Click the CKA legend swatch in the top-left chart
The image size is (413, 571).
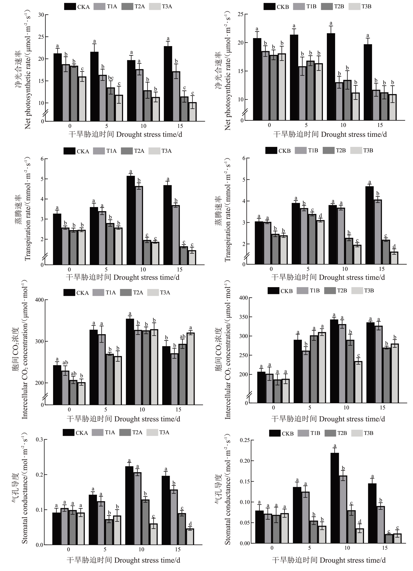tap(70, 7)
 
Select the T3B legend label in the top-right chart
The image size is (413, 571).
tap(366, 7)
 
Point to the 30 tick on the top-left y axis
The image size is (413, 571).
tap(41, 15)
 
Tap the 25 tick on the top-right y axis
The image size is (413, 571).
tap(240, 14)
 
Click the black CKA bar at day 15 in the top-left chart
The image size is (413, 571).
tap(168, 83)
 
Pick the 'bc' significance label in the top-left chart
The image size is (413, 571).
tap(111, 78)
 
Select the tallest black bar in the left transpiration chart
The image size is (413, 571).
tap(130, 220)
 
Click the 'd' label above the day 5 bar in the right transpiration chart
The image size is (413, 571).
tap(320, 216)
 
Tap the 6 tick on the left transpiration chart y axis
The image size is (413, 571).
tap(42, 159)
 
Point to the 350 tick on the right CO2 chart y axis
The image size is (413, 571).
tap(243, 317)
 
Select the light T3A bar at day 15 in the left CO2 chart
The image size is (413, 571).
tap(190, 369)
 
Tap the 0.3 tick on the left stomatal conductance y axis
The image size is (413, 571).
tap(40, 439)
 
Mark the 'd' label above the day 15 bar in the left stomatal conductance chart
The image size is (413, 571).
tap(190, 524)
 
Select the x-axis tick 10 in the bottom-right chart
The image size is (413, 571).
tap(347, 548)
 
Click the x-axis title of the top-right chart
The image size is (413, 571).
tap(330, 134)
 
